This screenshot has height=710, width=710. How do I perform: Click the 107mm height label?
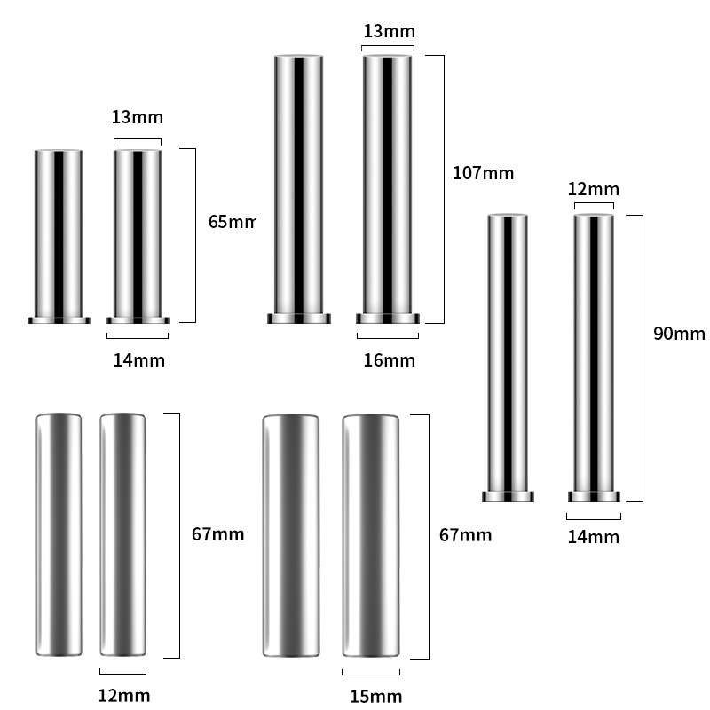point(483,173)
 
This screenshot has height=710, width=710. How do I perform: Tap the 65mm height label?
point(232,222)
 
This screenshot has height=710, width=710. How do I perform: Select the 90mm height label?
point(679,334)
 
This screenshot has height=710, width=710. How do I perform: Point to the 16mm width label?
point(389,359)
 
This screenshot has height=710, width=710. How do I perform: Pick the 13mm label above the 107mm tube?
point(389,31)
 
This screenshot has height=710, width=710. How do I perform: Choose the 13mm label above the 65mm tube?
point(138,117)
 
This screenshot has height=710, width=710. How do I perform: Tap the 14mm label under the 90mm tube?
point(593,536)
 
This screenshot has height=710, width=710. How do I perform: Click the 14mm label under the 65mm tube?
point(138,359)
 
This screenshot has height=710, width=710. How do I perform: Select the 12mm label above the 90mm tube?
point(593,189)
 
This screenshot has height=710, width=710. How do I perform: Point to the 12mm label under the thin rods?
point(124,695)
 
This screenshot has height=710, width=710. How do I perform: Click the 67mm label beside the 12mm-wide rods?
point(217,534)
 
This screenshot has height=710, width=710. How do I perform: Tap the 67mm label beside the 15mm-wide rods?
point(465,534)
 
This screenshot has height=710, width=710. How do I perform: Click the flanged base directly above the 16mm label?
point(388,319)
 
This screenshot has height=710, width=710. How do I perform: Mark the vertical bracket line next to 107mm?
point(442,189)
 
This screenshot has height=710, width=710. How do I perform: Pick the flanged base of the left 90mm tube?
point(508,496)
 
